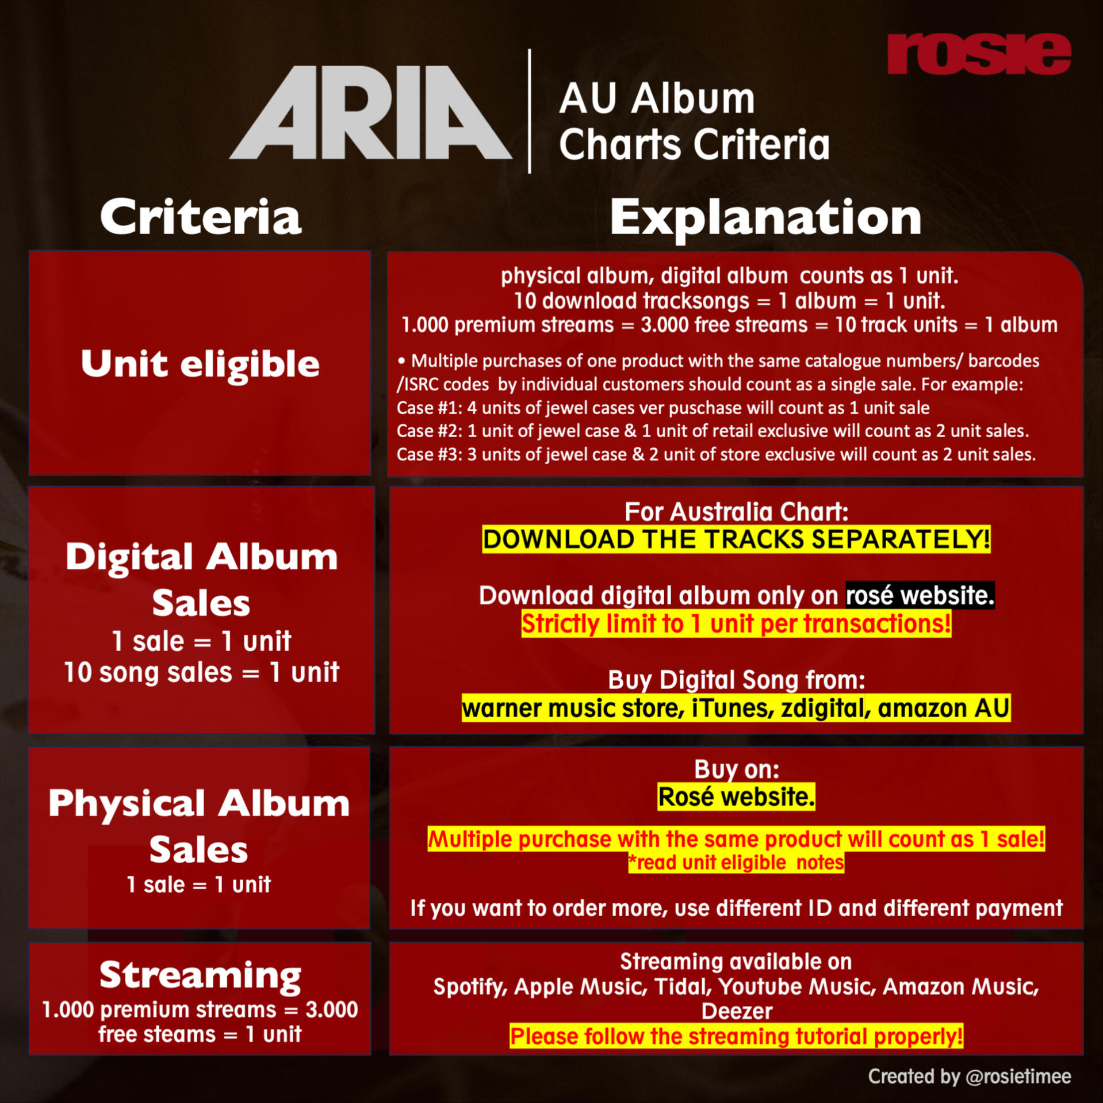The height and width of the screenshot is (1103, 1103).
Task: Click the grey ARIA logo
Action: [371, 112]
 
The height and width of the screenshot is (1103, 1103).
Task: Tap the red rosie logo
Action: [979, 54]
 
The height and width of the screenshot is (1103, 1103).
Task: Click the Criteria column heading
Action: [201, 217]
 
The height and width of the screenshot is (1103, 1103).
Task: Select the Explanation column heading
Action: [765, 219]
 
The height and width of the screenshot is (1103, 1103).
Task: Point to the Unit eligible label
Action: [200, 364]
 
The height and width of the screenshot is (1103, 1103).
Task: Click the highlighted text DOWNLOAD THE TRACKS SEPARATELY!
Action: [736, 539]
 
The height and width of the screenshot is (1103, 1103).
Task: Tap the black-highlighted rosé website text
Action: [920, 595]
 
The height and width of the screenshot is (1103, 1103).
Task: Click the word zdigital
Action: [824, 708]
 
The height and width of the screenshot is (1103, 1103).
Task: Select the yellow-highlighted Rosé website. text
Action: [736, 797]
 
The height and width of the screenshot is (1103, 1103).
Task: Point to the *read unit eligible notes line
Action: [736, 863]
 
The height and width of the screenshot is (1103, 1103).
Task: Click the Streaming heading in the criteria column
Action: [200, 976]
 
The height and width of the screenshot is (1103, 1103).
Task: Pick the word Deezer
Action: [737, 1012]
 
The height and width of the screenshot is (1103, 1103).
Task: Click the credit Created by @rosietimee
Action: [970, 1077]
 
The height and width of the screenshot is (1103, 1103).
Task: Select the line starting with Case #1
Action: [663, 408]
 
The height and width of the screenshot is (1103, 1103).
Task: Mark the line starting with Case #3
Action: [716, 454]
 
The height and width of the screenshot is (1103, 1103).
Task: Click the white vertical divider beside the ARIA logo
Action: [530, 111]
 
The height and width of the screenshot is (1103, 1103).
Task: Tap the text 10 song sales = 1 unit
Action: [201, 672]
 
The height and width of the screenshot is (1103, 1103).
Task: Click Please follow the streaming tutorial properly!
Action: [736, 1037]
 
